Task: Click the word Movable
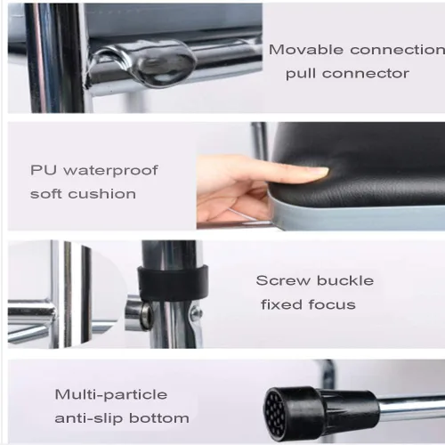pos(306,50)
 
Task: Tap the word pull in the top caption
pos(301,74)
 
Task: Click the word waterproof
pos(111,171)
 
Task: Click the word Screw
pos(282,280)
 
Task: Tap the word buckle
pos(345,280)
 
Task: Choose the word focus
pos(332,304)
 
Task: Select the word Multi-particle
pos(111,395)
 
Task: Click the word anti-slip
pos(89,418)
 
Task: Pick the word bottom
pos(159,418)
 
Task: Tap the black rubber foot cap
pos(320,414)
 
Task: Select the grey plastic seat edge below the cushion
pos(356,215)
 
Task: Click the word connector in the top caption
pos(366,73)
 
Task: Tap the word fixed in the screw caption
pos(281,304)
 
